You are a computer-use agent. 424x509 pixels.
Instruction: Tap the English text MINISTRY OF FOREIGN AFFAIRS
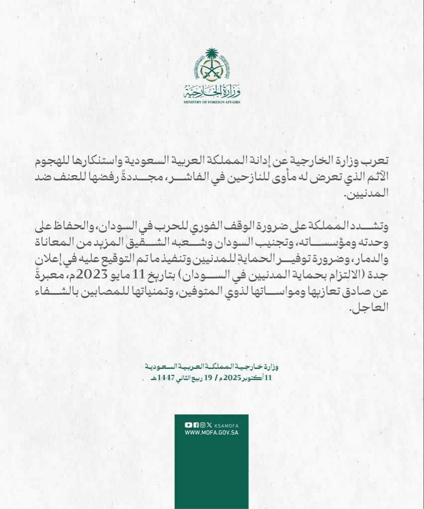tap(212, 102)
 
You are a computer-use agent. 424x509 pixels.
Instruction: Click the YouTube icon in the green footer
tap(188, 424)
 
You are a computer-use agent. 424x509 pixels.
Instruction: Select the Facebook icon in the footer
tap(195, 424)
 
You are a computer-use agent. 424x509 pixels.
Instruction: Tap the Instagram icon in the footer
tap(202, 424)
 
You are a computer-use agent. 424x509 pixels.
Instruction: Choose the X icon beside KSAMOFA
tap(209, 424)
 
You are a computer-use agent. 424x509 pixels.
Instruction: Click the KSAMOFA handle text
tap(224, 425)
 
